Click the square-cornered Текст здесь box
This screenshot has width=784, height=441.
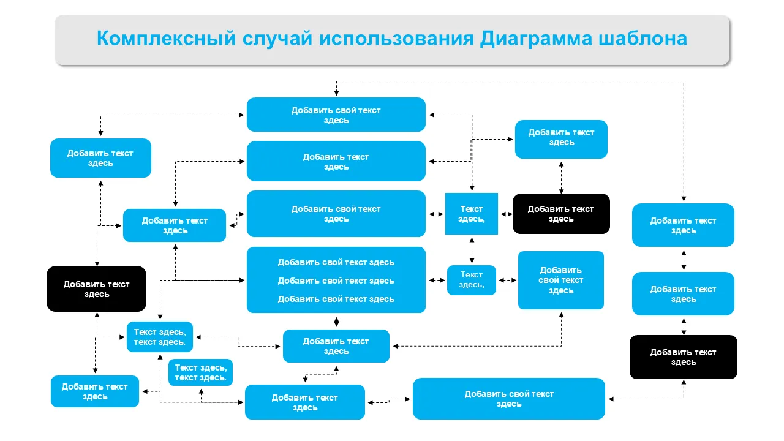[471, 214]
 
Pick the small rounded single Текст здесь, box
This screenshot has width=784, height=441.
[471, 280]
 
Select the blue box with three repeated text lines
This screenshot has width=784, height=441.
[336, 280]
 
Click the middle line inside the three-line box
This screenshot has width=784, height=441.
[336, 281]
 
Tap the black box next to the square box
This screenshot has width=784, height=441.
[561, 214]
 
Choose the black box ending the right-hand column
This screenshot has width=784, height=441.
[683, 357]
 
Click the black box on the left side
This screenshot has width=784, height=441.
[97, 288]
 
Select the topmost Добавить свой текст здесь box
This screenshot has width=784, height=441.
[336, 115]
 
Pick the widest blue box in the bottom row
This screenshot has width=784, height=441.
[508, 399]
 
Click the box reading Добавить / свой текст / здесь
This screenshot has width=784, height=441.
[560, 280]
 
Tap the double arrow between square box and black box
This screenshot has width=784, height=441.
[505, 214]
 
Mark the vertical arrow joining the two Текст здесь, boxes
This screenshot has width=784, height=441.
[472, 250]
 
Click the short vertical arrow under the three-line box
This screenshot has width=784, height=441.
[336, 322]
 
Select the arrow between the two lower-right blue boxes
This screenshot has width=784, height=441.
[684, 259]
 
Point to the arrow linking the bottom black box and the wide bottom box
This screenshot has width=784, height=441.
[649, 399]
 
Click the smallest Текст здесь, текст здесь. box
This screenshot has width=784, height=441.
[200, 372]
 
